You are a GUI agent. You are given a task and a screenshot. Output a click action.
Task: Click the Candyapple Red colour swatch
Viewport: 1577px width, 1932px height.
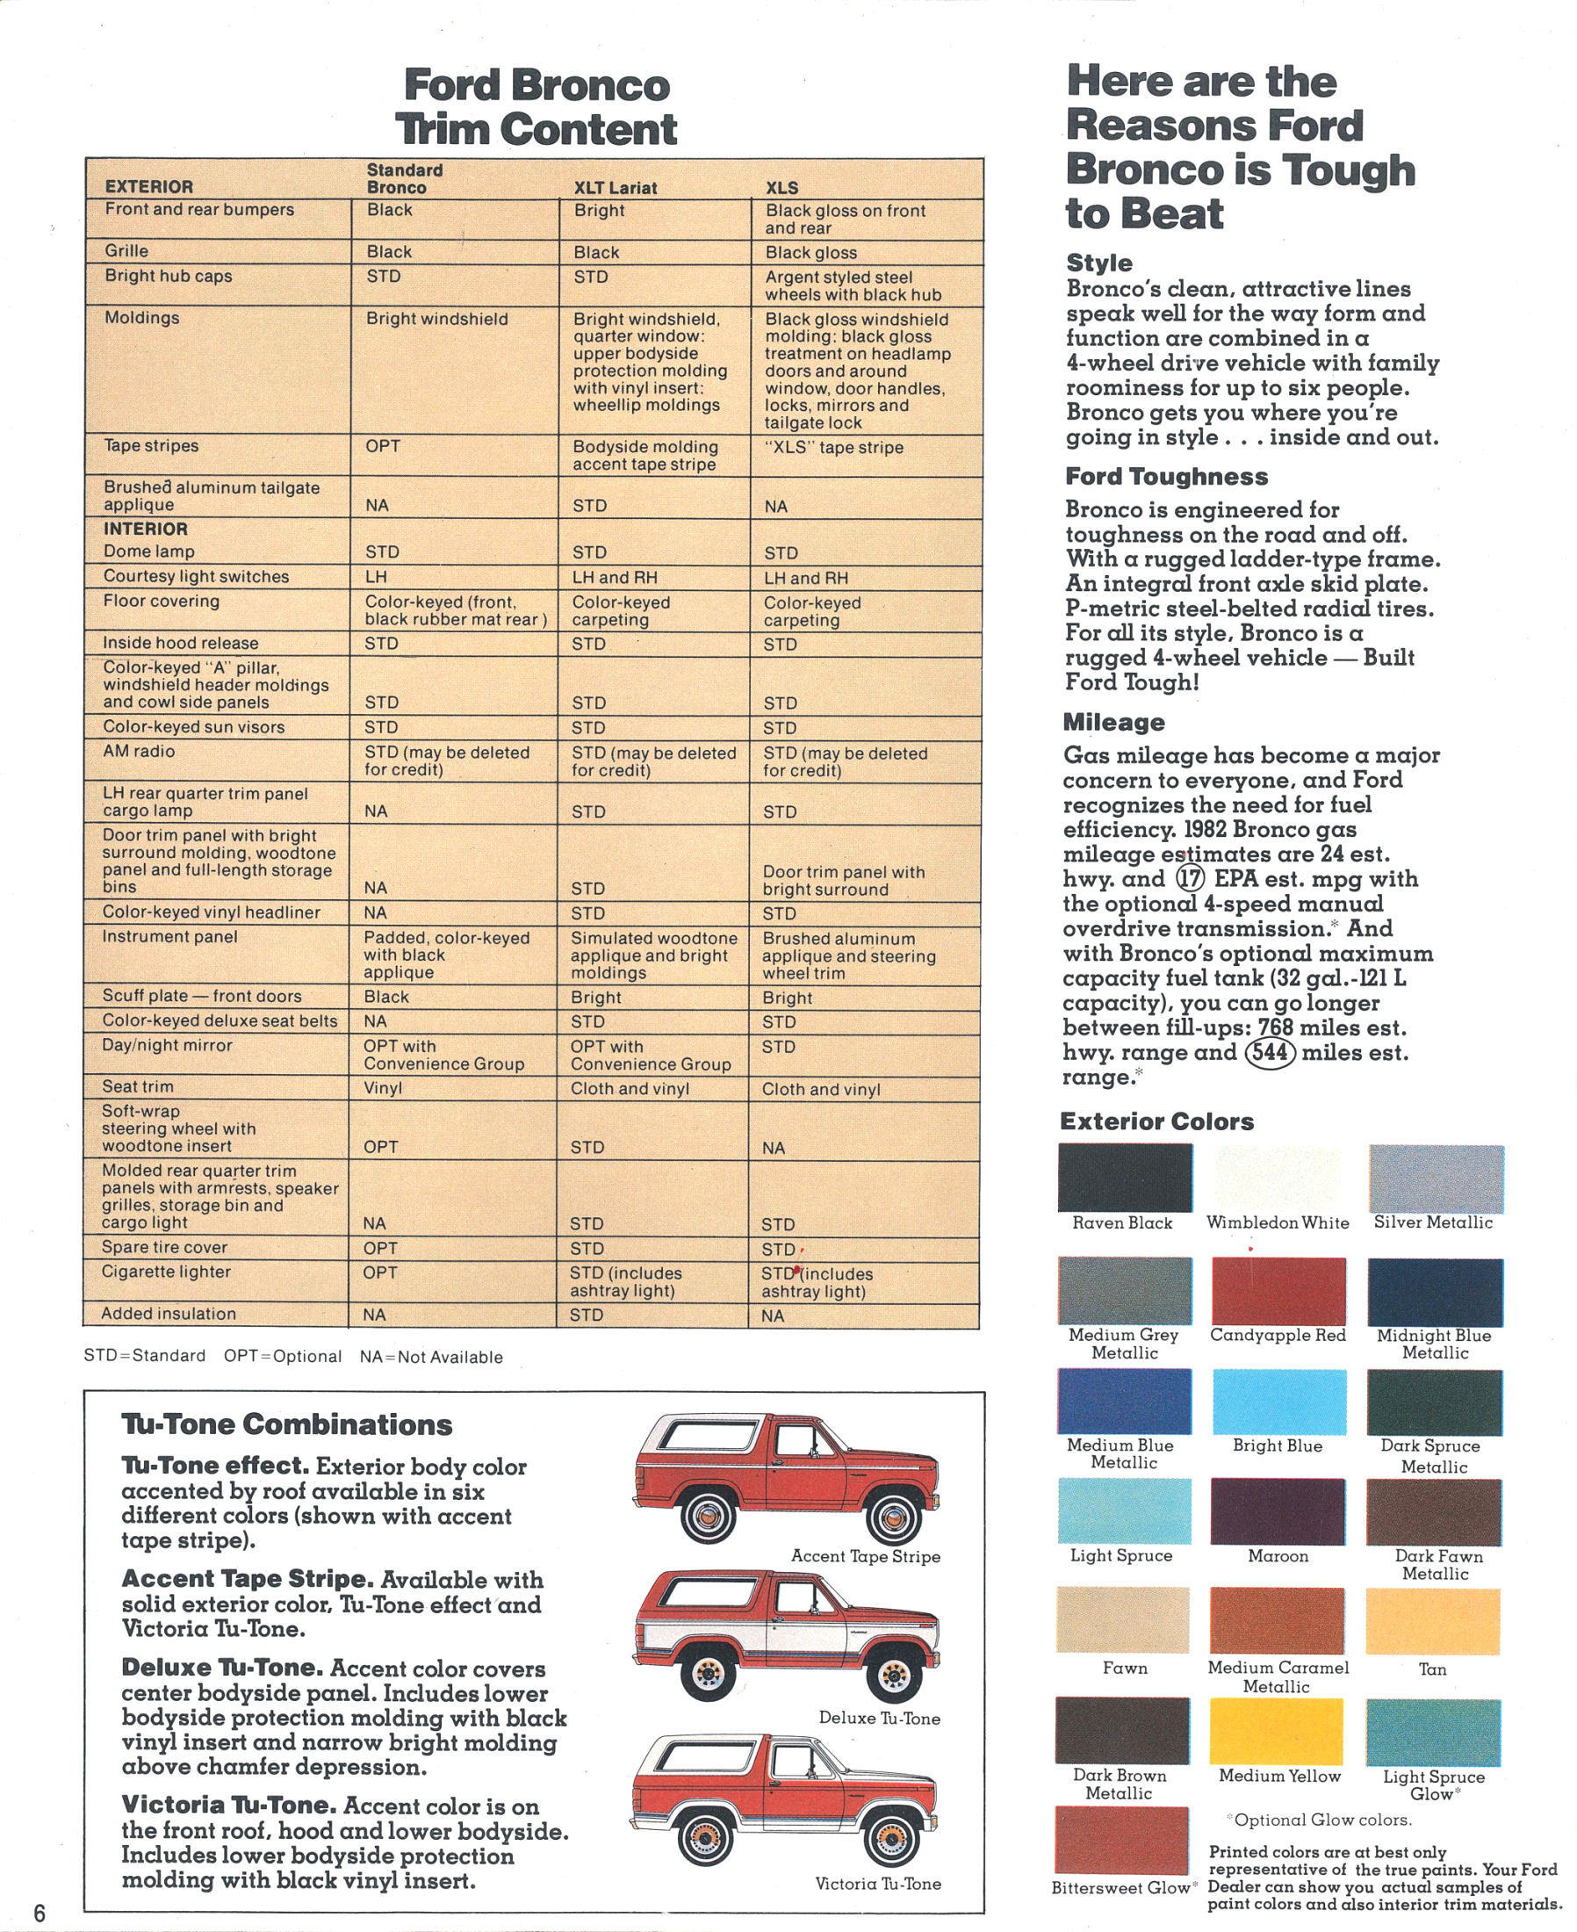1278,1291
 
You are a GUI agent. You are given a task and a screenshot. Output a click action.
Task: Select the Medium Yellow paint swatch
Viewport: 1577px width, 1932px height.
1276,1731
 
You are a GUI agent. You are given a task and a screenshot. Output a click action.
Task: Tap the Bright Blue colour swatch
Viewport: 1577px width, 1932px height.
1278,1402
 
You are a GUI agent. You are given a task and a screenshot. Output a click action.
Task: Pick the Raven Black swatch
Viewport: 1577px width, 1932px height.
1125,1177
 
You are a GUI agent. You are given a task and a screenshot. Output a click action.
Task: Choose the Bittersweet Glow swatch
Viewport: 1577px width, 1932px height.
1122,1841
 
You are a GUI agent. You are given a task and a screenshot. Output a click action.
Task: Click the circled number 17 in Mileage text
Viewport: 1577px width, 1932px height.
1190,878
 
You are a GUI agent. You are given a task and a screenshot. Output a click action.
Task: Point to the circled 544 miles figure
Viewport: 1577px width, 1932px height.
1269,1052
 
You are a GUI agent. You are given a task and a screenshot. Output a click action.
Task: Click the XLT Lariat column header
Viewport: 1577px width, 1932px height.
615,188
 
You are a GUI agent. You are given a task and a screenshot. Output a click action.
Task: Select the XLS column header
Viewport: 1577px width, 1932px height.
781,188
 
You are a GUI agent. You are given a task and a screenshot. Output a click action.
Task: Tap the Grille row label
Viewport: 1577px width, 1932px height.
126,250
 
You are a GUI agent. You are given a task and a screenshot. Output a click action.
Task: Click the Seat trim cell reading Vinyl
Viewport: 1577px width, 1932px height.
383,1087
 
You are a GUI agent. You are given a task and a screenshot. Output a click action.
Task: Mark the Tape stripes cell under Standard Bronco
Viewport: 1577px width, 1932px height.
383,446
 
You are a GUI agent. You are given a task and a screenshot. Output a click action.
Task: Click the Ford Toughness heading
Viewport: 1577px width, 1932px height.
1166,476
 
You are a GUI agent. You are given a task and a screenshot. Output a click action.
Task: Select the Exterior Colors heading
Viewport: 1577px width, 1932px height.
1156,1121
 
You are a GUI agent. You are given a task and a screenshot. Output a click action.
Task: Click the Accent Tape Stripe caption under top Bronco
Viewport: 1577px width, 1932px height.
865,1556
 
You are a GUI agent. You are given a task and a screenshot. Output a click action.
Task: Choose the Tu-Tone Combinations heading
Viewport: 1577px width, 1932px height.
287,1424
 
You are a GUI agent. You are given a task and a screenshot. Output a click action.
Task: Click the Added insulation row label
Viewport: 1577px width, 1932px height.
168,1314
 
